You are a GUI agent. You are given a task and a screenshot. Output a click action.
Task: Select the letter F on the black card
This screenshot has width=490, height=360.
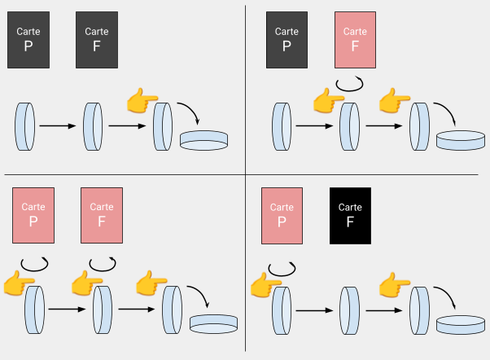[350, 222]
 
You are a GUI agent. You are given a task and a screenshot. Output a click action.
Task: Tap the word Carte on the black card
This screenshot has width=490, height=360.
[350, 208]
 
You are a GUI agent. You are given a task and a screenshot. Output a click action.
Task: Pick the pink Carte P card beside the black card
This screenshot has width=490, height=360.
[282, 215]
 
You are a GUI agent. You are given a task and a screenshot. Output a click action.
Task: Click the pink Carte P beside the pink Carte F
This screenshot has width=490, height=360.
[33, 215]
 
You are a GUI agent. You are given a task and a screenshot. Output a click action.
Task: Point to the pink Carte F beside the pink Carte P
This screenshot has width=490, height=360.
[102, 215]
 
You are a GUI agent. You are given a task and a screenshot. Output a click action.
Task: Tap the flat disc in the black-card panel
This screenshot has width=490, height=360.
[460, 323]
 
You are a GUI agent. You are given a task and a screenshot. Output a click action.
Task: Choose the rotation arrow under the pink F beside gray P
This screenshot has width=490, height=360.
[350, 84]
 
